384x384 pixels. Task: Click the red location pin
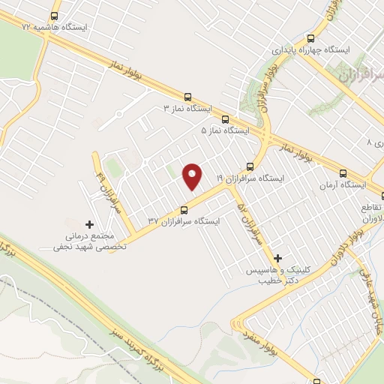coord(193,177)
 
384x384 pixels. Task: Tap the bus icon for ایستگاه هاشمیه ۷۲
coord(54,15)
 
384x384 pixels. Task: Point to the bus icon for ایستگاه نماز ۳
coord(187,97)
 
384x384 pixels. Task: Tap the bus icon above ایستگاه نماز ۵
coord(226,118)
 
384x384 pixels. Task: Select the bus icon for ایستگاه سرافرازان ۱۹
coord(250,166)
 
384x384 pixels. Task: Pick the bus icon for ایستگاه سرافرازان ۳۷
coord(184,209)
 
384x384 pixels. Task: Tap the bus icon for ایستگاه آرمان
coord(343,172)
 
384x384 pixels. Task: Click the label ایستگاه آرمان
coord(343,184)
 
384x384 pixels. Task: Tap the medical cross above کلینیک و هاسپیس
coord(277,257)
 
